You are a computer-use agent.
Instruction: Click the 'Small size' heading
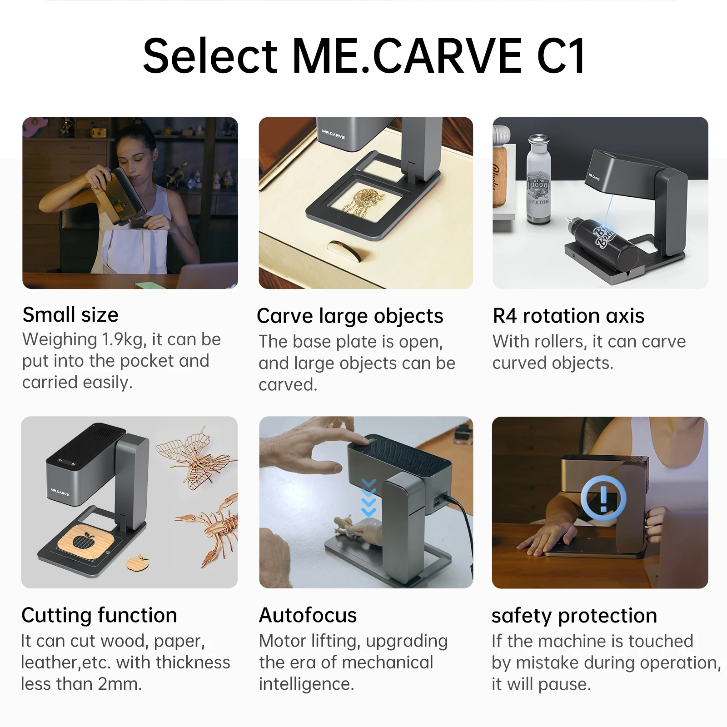click(70, 315)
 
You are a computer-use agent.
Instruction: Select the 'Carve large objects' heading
click(350, 316)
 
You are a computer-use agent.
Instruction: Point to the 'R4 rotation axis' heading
click(568, 316)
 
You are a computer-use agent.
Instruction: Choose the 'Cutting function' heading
click(99, 615)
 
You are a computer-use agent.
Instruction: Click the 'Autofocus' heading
click(308, 615)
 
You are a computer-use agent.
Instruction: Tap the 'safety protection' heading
click(574, 616)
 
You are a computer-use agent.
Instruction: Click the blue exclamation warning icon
click(603, 498)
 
